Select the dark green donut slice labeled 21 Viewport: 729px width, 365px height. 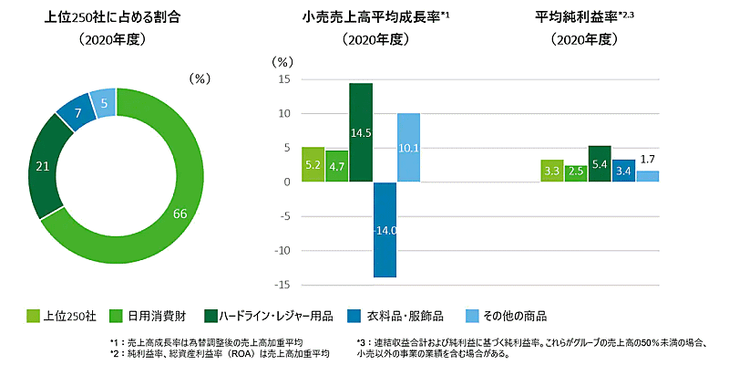[42, 166]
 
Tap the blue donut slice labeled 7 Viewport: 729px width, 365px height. [78, 112]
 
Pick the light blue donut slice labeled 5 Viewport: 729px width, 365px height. [105, 103]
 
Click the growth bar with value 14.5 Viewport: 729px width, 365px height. [361, 133]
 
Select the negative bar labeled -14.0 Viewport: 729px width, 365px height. [385, 229]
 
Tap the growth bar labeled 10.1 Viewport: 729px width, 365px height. [409, 148]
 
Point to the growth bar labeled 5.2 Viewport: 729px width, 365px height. [313, 165]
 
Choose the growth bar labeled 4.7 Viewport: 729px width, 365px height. [336, 167]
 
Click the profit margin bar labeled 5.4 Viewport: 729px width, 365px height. [600, 164]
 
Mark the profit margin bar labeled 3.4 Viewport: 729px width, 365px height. [623, 171]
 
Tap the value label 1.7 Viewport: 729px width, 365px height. [647, 161]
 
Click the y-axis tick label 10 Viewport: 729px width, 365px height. [284, 114]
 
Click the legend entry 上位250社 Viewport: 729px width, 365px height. [66, 316]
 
